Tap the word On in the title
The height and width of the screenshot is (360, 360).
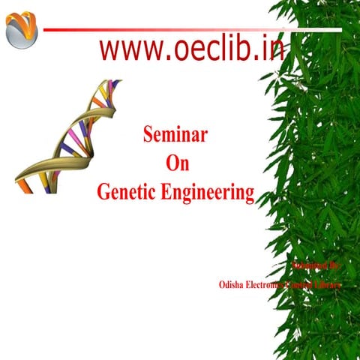[x=175, y=163]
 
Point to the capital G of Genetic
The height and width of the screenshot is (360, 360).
[x=103, y=192]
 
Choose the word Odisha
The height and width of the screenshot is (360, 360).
[x=232, y=285]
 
